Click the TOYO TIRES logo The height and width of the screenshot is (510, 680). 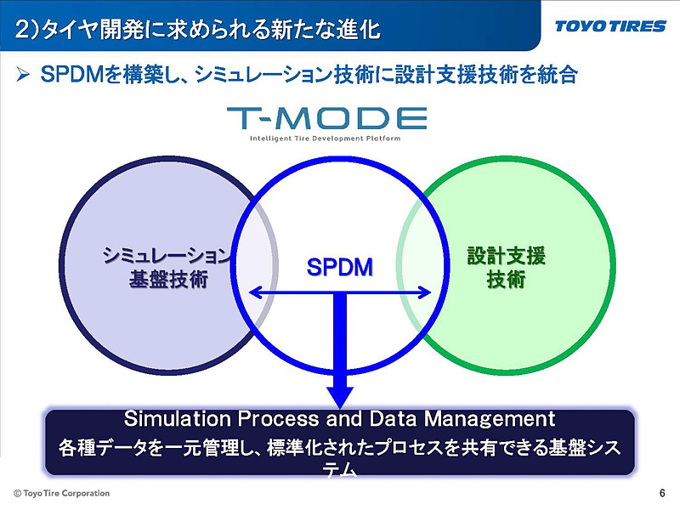coord(610,26)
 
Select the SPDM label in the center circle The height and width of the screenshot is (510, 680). coord(340,269)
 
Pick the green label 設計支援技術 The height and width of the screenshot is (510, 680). coord(506,267)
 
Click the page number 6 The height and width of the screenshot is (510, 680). coord(662,493)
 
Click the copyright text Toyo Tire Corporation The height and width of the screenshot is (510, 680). coord(65,493)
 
